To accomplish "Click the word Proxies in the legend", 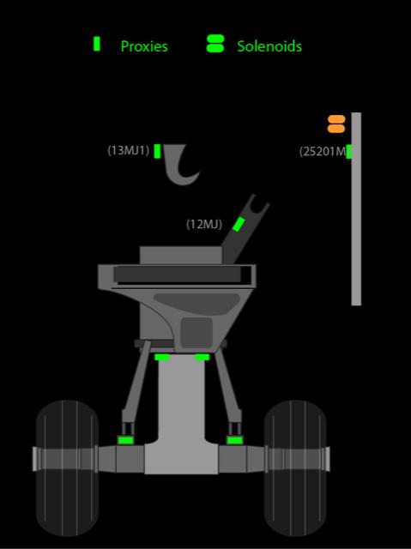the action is click(x=144, y=46).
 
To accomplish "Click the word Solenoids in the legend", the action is click(x=269, y=46).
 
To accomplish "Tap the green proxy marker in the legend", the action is click(x=97, y=44).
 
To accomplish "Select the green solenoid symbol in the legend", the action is click(x=215, y=44).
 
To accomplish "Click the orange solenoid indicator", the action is click(x=336, y=124).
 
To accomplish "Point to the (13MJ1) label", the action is click(x=129, y=151).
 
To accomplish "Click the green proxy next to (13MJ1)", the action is click(x=158, y=151).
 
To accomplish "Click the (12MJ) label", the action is click(x=204, y=224).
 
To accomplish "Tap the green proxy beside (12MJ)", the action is click(x=239, y=224).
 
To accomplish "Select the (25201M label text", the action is click(x=323, y=152).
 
